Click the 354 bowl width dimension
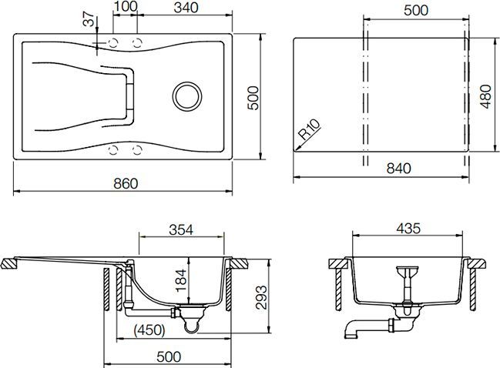pos(181,229)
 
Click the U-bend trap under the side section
pos(190,326)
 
